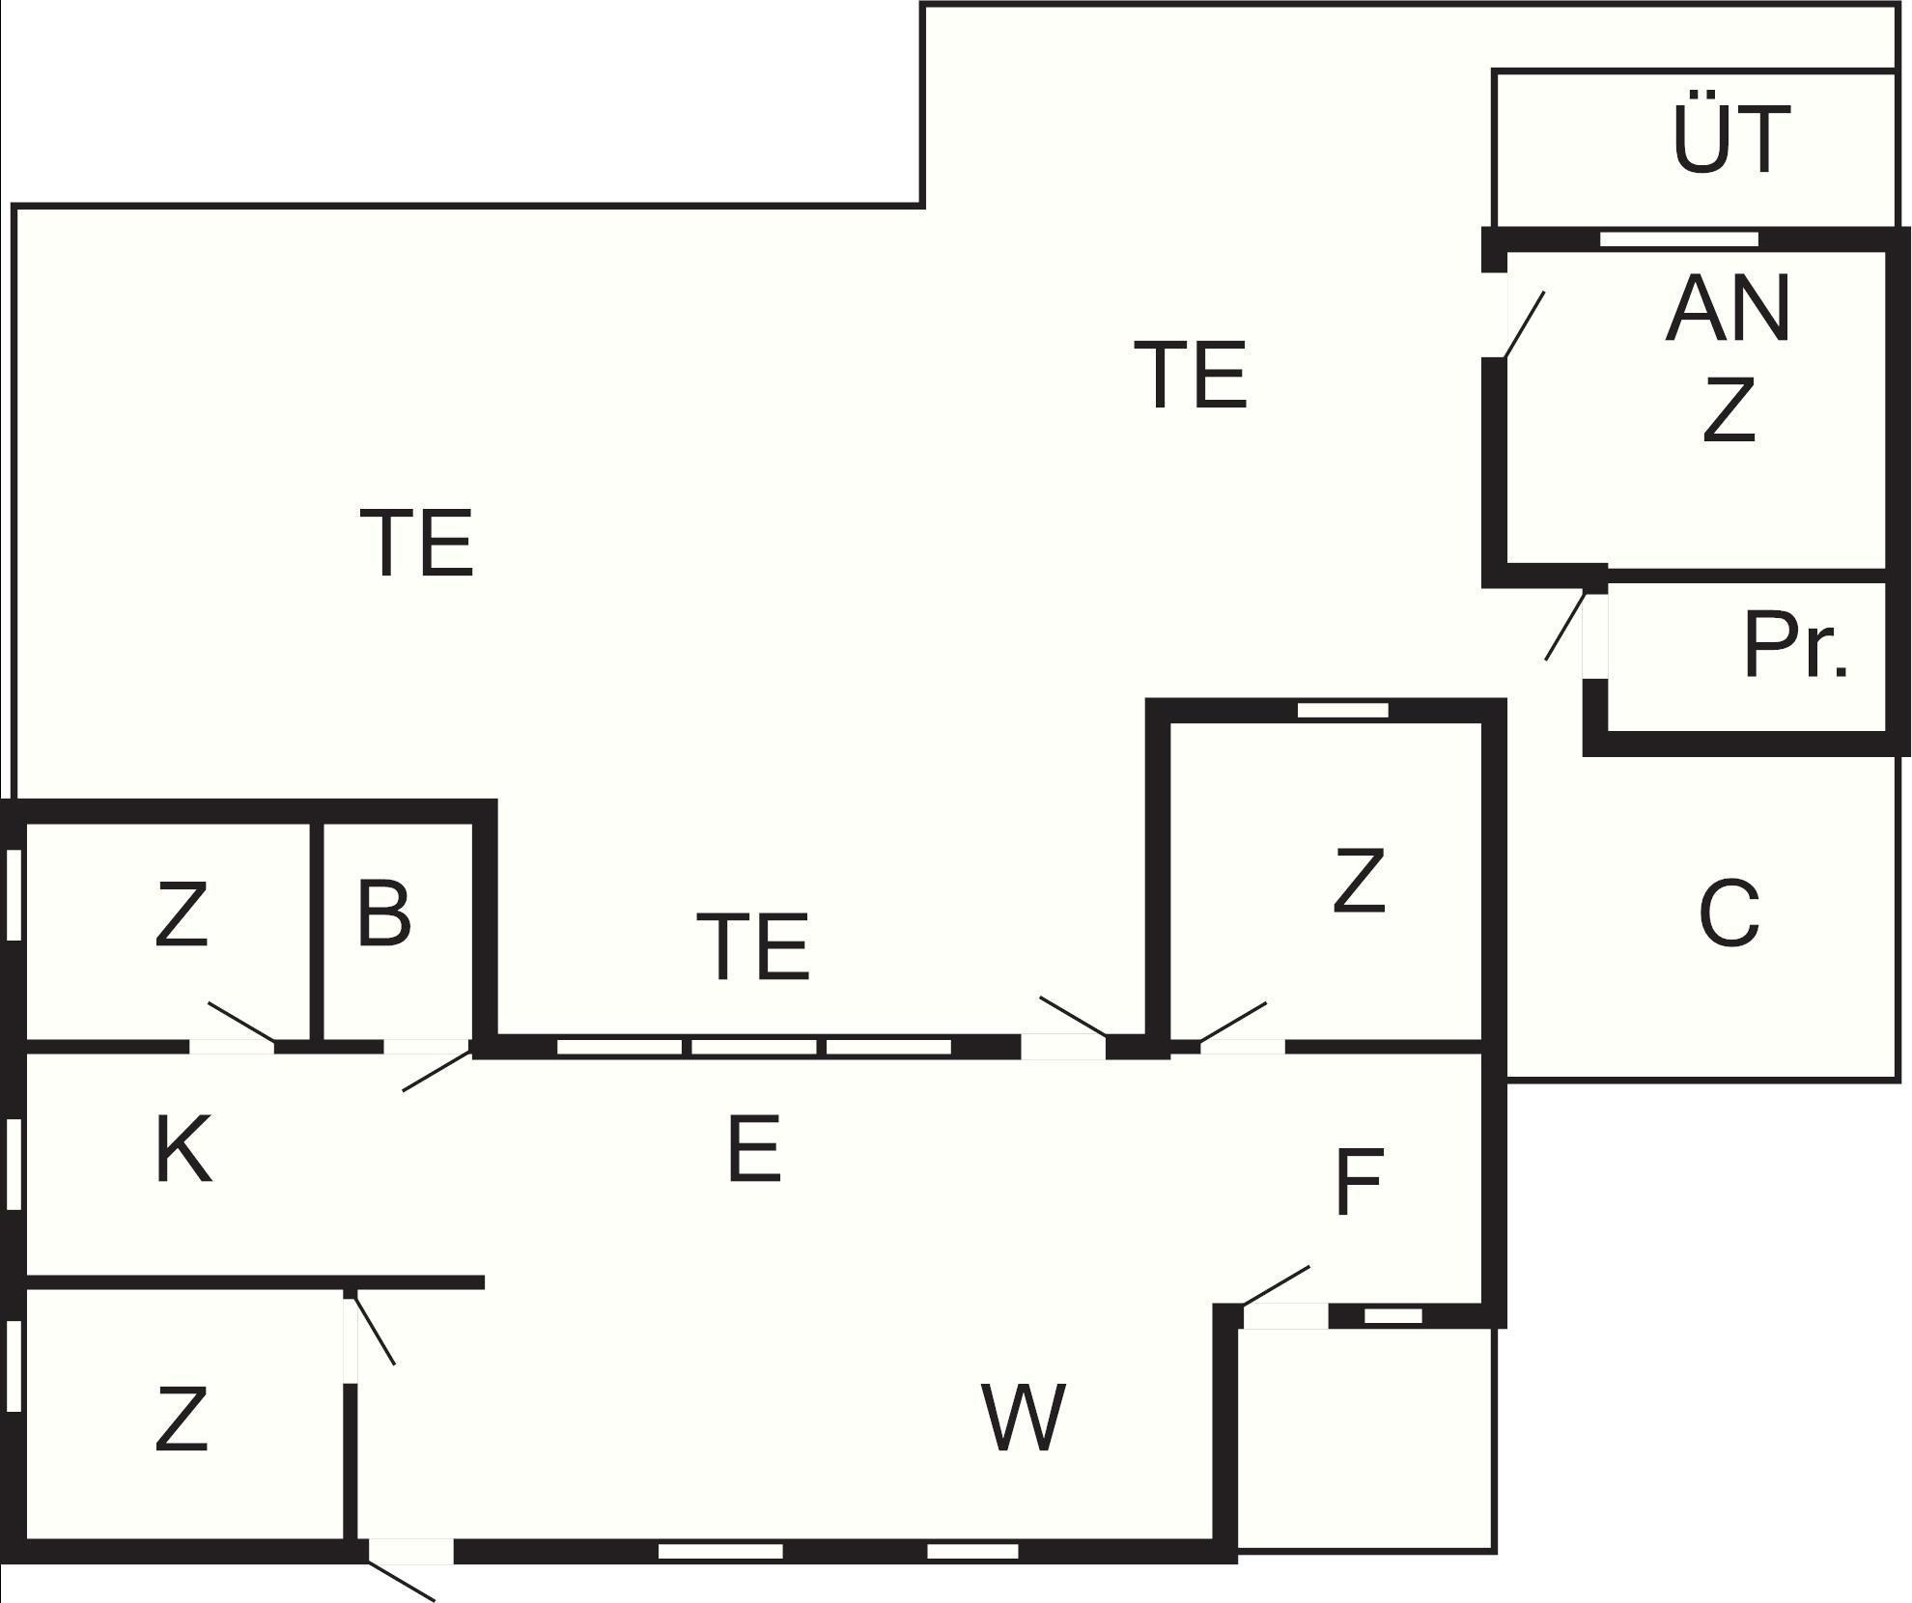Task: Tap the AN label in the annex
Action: [1729, 309]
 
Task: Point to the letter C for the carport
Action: [1729, 913]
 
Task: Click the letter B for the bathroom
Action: [383, 913]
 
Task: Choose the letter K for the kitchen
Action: [183, 1149]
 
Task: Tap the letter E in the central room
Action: [753, 1149]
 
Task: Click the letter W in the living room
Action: [1024, 1418]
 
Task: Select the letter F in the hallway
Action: [1359, 1182]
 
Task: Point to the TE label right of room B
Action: [753, 946]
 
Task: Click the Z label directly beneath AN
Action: [1729, 410]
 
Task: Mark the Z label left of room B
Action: [182, 915]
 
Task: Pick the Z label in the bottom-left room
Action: [182, 1420]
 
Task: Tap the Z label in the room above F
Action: [1359, 881]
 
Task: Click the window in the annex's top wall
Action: [1678, 239]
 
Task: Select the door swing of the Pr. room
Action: [1565, 626]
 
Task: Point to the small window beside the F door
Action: [1392, 1315]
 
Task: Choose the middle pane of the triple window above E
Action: [754, 1047]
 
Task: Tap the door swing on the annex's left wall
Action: [1524, 324]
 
